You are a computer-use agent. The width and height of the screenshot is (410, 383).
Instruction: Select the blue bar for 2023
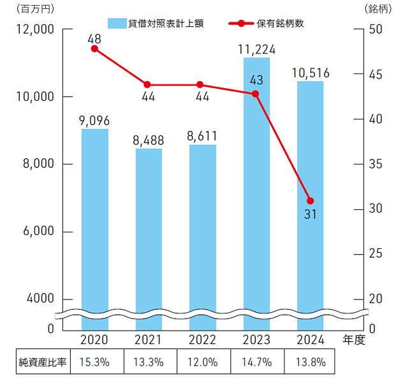[256, 191]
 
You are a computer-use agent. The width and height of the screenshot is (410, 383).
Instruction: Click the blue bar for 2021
[149, 236]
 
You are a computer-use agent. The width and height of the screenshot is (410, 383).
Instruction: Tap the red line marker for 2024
[311, 201]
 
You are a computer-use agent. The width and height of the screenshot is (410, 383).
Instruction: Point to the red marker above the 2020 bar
[94, 49]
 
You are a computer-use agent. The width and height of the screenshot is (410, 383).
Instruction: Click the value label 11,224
[256, 48]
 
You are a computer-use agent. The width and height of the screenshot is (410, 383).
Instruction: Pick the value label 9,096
[94, 119]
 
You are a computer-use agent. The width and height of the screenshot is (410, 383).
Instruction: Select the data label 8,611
[203, 135]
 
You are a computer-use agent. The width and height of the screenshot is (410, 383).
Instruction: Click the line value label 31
[311, 215]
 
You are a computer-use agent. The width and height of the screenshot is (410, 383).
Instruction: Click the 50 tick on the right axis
[376, 29]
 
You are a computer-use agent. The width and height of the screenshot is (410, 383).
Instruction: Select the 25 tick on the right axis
[376, 254]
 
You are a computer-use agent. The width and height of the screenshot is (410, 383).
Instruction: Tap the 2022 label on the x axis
[203, 340]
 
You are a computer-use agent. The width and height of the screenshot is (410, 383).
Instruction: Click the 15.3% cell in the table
[94, 362]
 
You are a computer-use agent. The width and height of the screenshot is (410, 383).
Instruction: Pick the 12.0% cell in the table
[203, 362]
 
